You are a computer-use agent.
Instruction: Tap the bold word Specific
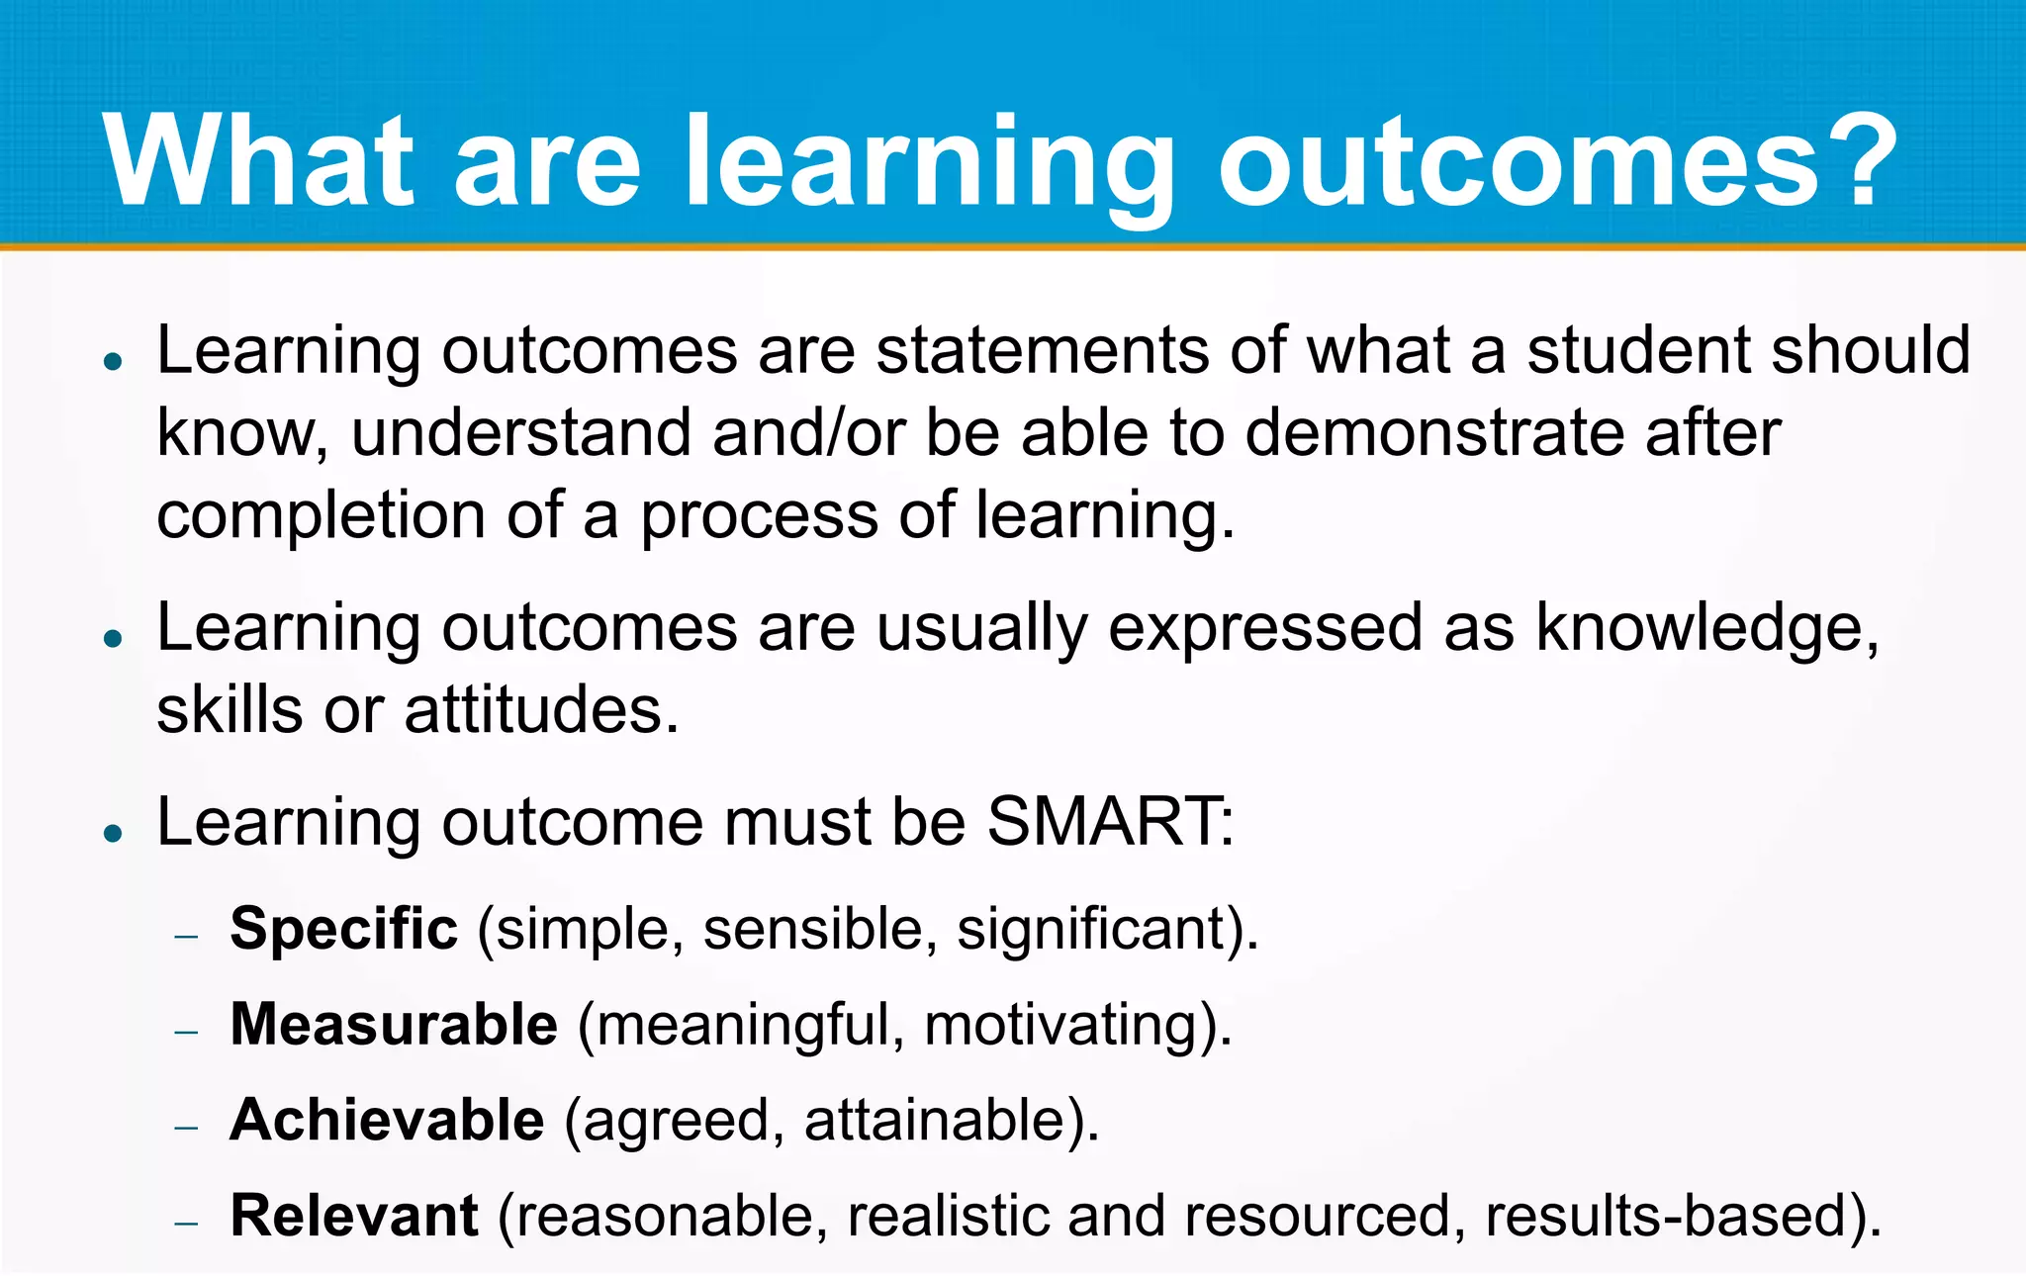(x=343, y=929)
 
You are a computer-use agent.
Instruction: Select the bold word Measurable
(x=394, y=1024)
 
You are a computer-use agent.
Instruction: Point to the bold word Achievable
(x=387, y=1120)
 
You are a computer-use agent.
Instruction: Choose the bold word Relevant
(x=354, y=1216)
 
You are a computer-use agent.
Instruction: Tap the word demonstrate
(x=1433, y=433)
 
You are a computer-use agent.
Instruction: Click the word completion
(x=321, y=516)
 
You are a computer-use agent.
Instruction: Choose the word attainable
(x=936, y=1120)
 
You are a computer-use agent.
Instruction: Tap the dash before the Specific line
(x=186, y=936)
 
